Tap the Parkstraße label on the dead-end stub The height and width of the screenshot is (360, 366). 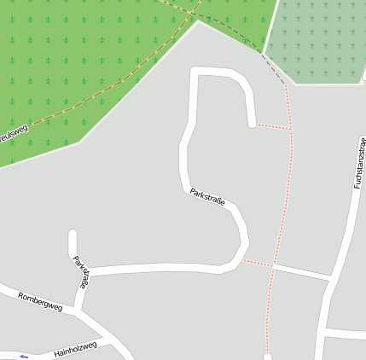tap(81, 272)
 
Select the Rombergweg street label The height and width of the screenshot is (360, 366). tap(41, 300)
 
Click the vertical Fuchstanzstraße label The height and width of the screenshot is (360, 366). tap(357, 162)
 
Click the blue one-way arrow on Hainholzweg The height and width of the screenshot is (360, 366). tap(23, 356)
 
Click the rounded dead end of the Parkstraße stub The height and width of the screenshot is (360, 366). tap(73, 235)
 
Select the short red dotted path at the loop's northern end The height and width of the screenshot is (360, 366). tap(273, 127)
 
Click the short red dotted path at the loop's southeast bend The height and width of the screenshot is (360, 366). tap(258, 264)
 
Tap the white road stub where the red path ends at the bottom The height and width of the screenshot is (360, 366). tap(268, 354)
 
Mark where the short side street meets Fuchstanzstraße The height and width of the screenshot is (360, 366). tap(329, 277)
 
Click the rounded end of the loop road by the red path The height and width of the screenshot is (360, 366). tap(253, 125)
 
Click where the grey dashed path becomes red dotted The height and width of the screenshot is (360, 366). tap(285, 84)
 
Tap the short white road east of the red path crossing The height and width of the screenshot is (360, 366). tap(300, 271)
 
